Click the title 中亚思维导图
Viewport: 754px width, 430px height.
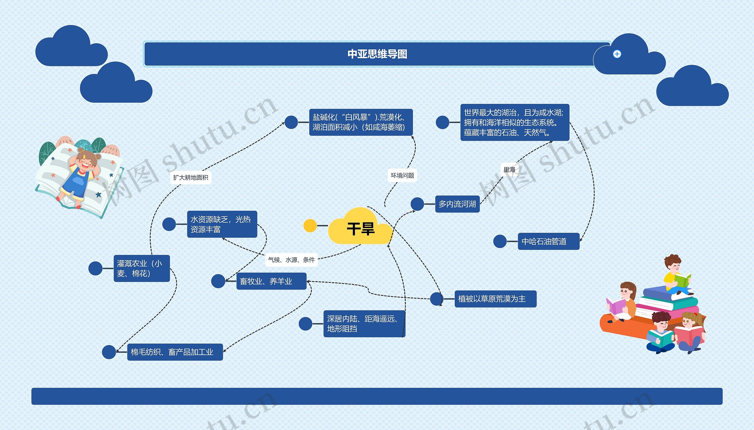click(x=377, y=54)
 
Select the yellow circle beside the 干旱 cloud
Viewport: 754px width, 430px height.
click(x=310, y=226)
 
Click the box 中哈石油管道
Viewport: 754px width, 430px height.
click(x=548, y=241)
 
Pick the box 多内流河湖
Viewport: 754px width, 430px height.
click(x=457, y=204)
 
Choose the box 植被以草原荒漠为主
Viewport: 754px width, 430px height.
click(x=495, y=299)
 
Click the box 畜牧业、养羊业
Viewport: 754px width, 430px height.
click(x=271, y=281)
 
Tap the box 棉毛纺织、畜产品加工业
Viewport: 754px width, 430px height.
click(x=175, y=352)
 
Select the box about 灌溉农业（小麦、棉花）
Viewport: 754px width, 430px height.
click(x=142, y=268)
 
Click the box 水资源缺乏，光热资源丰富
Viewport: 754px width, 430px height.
click(x=222, y=224)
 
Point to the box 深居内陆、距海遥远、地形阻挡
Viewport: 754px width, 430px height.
click(x=364, y=324)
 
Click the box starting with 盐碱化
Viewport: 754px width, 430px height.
click(x=361, y=122)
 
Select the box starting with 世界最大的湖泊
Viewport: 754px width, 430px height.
click(x=515, y=122)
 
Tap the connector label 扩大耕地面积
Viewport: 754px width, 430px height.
click(x=191, y=177)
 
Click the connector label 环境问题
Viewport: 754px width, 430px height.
click(x=402, y=175)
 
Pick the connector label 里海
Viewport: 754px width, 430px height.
click(x=509, y=170)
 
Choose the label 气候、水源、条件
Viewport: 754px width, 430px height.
click(x=291, y=260)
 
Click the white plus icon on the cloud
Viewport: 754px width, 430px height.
click(x=617, y=54)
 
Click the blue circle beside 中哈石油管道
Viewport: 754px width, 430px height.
click(x=500, y=241)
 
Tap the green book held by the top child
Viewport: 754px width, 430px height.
click(x=682, y=280)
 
